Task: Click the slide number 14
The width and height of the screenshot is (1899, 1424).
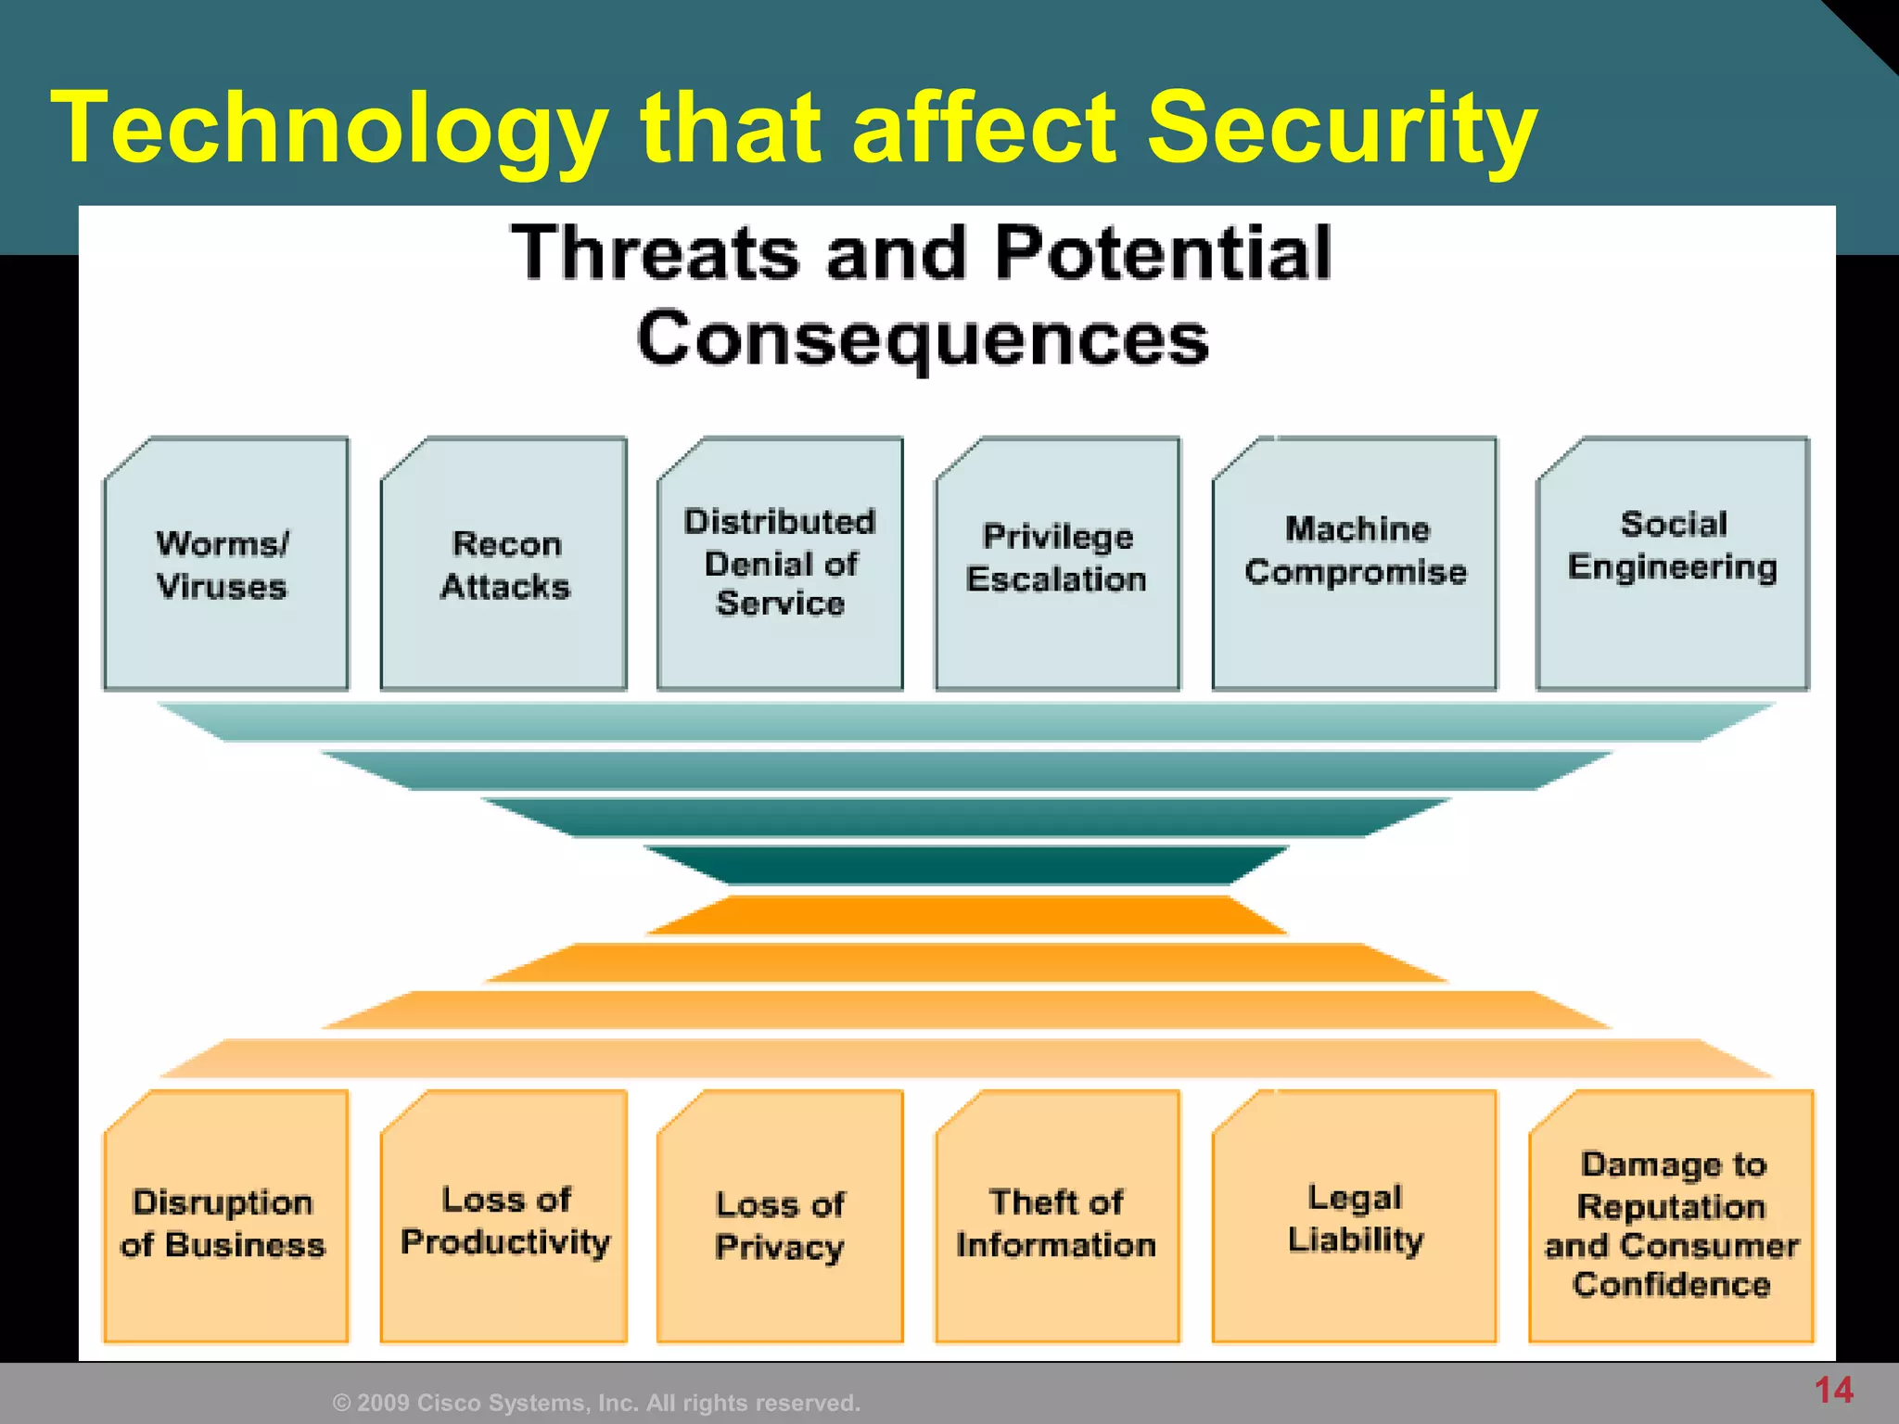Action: tap(1833, 1390)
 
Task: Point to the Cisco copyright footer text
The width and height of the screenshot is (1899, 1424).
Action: tap(596, 1403)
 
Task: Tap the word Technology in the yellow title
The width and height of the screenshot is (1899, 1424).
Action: tap(329, 130)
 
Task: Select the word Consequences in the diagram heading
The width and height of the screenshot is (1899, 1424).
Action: tap(923, 339)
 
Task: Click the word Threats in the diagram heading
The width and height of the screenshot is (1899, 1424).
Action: tap(655, 252)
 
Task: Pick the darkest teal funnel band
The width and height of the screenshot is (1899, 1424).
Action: tap(964, 865)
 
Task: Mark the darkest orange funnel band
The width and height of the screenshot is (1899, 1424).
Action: tap(964, 915)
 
